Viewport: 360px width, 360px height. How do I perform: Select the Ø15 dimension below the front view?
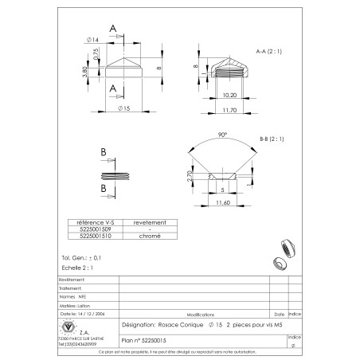pyautogui.click(x=123, y=107)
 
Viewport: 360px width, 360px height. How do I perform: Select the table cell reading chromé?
pyautogui.click(x=150, y=236)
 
